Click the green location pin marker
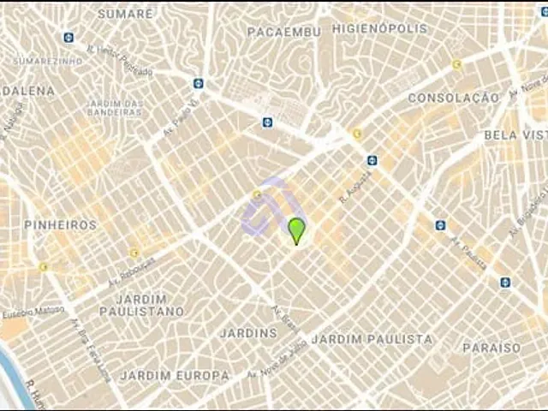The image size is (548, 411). (296, 230)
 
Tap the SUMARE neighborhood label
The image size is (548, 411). (125, 14)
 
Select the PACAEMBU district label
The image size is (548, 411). (283, 32)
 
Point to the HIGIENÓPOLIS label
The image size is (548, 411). (379, 28)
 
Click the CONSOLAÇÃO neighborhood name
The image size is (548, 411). (453, 98)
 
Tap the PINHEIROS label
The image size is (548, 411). (60, 224)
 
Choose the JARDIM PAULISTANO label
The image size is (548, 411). (141, 305)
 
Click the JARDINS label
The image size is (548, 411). (248, 332)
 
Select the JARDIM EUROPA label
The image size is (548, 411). (175, 375)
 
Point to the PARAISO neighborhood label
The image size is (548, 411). (491, 348)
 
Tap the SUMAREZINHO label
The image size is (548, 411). (48, 61)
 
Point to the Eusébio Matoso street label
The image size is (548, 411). (32, 313)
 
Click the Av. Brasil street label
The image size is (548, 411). (283, 320)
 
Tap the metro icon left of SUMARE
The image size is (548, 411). (68, 37)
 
